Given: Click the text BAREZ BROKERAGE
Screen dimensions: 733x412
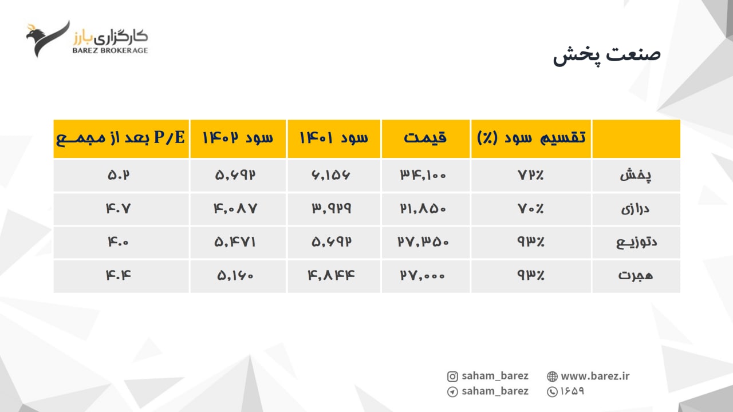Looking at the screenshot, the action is pyautogui.click(x=111, y=50).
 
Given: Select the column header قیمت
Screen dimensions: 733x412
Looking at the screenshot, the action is pyautogui.click(x=425, y=138).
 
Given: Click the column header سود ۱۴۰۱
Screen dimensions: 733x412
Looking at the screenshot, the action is pyautogui.click(x=334, y=138).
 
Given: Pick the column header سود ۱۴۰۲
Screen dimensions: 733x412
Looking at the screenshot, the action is pyautogui.click(x=238, y=138).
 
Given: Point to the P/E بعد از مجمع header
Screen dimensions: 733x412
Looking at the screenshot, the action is pyautogui.click(x=121, y=138).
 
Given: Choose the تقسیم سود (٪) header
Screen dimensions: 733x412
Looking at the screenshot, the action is pyautogui.click(x=531, y=138).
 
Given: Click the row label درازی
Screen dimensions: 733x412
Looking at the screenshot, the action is pyautogui.click(x=635, y=209).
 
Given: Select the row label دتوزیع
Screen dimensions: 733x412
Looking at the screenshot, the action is pyautogui.click(x=636, y=242).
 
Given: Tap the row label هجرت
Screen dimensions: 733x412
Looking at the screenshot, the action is pyautogui.click(x=636, y=275).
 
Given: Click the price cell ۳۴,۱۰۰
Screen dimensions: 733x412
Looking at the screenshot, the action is pyautogui.click(x=423, y=175).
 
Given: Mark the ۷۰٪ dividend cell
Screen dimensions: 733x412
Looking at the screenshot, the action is pyautogui.click(x=530, y=208).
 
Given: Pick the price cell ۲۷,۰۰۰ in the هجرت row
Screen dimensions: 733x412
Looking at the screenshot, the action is pyautogui.click(x=423, y=275).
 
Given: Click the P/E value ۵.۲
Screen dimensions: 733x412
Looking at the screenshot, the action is pyautogui.click(x=119, y=175).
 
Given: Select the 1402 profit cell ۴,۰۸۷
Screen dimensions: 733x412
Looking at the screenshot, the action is pyautogui.click(x=235, y=208).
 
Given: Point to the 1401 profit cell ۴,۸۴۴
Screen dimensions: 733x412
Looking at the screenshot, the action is pyautogui.click(x=331, y=275).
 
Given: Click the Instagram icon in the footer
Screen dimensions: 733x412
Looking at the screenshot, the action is pyautogui.click(x=452, y=377).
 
